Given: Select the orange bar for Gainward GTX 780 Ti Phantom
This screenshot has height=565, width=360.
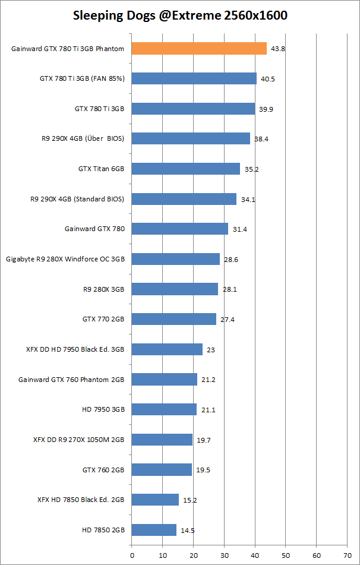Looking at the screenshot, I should point(199,49).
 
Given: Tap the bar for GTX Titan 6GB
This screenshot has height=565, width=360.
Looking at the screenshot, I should point(185,169).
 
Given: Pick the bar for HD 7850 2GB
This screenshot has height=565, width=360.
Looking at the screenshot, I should point(154,530).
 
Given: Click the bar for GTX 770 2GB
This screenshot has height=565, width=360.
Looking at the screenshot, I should point(173,319).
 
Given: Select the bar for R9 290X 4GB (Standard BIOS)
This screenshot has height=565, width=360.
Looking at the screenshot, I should point(184,199).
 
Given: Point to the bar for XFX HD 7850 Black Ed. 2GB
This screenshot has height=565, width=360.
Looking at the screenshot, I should point(155,500).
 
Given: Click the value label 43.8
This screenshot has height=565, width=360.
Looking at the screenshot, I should point(278,49).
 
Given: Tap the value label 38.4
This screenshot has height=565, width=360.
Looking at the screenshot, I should point(261,139).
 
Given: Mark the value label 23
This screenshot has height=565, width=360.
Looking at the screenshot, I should point(210,349).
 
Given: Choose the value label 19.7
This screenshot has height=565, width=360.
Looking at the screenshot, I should point(203,440).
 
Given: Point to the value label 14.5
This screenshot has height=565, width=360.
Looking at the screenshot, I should point(187,530).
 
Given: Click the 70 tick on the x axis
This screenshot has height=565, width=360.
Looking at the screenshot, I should point(347,556).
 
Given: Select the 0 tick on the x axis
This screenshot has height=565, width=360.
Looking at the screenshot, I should point(132,556).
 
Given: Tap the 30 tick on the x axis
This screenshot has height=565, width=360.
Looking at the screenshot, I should point(224,556).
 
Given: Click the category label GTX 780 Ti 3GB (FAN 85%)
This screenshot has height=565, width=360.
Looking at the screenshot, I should point(82,78).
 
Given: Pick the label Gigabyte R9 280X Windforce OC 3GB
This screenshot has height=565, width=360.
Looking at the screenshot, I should point(65,259).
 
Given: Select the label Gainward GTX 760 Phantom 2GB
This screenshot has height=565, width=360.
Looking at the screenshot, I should point(71,379).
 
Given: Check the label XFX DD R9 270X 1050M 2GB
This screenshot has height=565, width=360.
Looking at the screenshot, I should point(79,440).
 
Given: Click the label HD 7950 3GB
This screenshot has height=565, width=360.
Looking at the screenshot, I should point(103,409).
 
